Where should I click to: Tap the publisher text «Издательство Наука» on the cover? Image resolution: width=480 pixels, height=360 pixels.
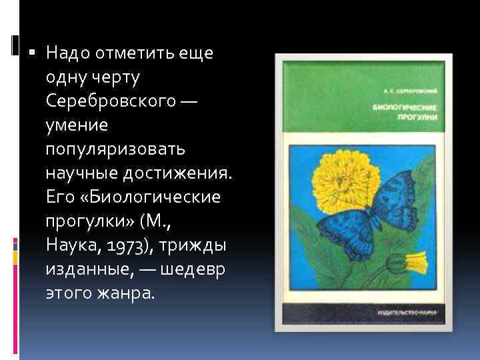pos(399,311)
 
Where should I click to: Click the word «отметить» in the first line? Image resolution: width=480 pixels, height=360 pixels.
pos(126,53)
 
